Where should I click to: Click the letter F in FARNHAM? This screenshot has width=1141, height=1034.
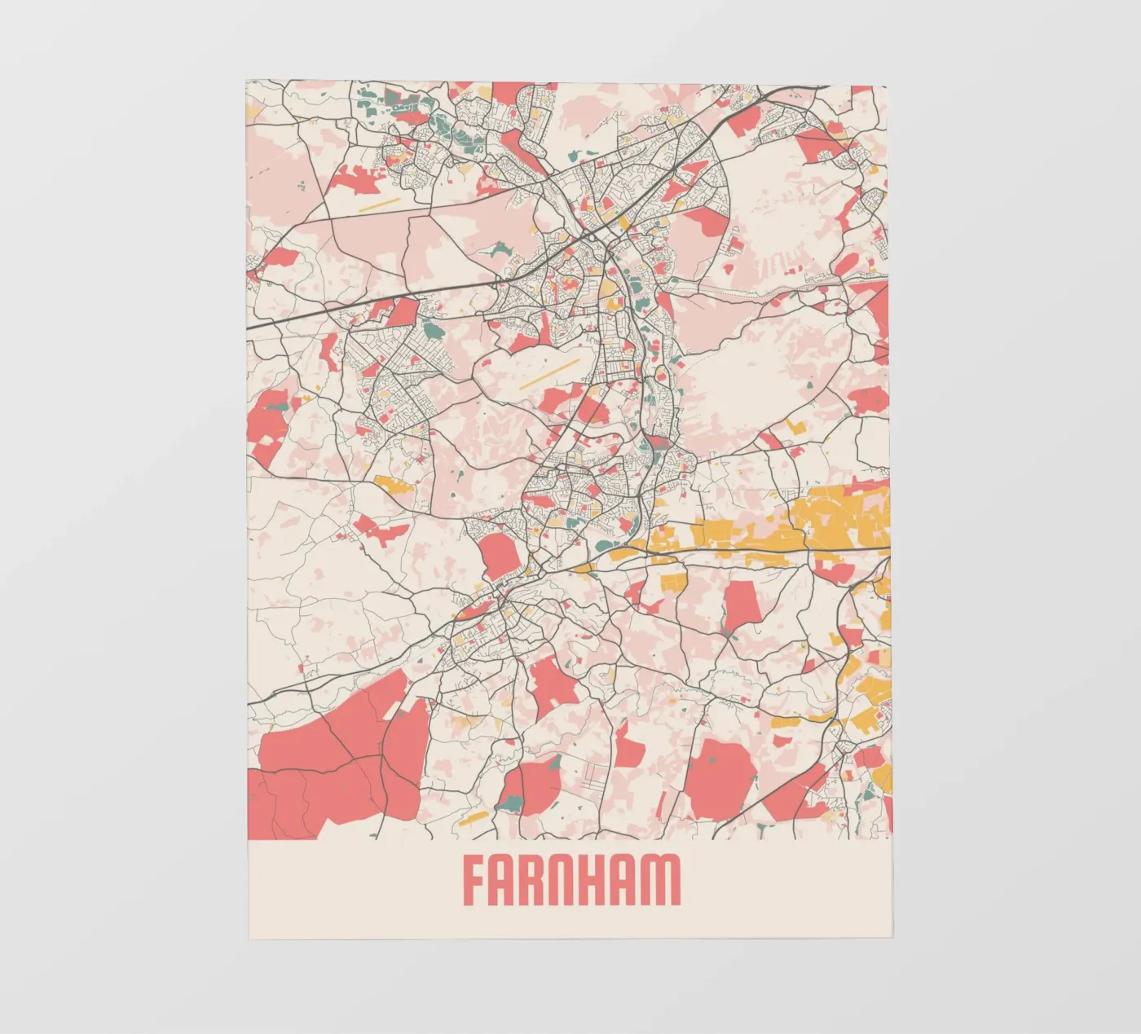(476, 880)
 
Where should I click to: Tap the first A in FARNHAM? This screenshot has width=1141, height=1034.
(507, 880)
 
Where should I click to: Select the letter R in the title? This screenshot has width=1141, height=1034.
(538, 880)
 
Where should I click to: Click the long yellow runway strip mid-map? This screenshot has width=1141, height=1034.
(550, 374)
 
